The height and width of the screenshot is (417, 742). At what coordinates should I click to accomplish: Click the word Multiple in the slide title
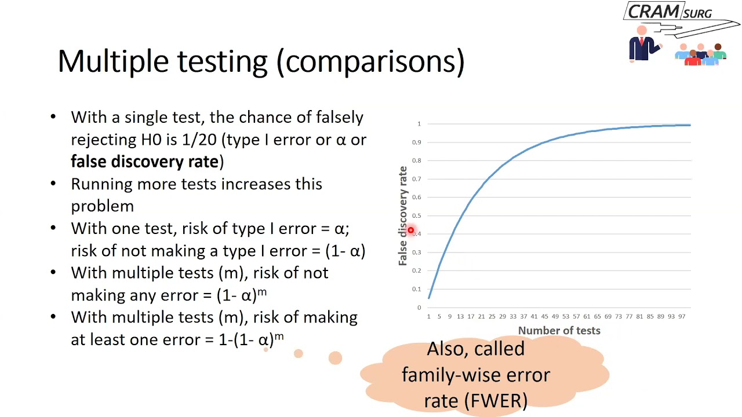[x=114, y=61]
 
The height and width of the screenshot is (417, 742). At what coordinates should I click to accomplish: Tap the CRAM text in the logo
[x=653, y=12]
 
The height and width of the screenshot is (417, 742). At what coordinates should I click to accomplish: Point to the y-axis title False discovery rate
[x=403, y=215]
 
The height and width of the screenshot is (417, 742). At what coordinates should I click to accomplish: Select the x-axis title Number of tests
[x=559, y=331]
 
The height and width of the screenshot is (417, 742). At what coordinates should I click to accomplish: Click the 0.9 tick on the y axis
[x=417, y=142]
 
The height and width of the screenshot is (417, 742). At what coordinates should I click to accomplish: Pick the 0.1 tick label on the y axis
[x=417, y=289]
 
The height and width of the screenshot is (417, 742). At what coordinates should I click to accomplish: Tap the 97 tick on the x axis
[x=682, y=316]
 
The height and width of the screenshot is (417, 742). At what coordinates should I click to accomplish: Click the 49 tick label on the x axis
[x=555, y=316]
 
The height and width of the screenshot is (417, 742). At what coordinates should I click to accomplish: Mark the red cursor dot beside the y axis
[x=410, y=231]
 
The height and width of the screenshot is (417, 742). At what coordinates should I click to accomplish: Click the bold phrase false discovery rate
[x=144, y=162]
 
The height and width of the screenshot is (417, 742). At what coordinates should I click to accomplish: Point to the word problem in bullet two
[x=102, y=206]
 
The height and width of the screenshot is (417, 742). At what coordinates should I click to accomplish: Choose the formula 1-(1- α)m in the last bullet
[x=251, y=339]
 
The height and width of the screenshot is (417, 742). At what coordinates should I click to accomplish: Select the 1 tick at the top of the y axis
[x=419, y=124]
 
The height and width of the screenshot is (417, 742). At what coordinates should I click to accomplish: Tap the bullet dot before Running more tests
[x=53, y=184]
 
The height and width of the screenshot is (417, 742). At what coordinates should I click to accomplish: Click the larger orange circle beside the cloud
[x=335, y=358]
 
